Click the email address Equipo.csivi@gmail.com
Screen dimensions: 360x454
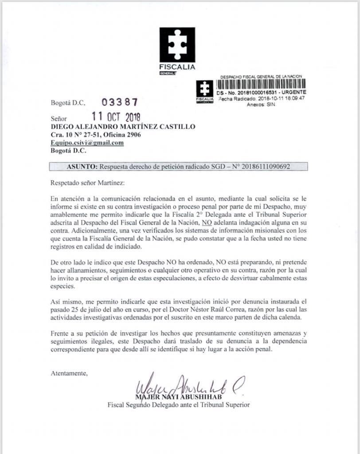87,143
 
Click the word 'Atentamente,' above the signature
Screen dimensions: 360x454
69,373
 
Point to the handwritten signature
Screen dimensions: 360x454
191,387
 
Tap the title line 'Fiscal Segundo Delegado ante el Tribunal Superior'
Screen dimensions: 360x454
179,405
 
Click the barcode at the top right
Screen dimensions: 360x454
261,85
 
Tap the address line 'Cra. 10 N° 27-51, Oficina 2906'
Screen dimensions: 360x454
96,135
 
